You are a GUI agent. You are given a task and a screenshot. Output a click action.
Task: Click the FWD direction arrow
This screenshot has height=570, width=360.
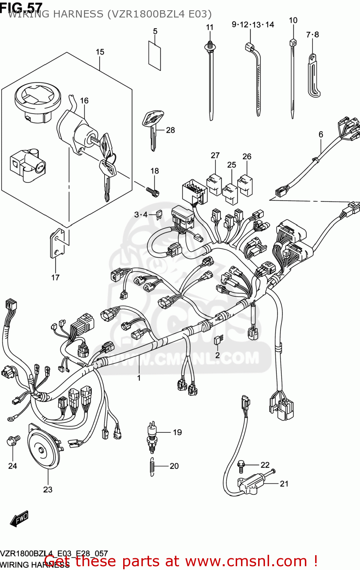tap(19, 518)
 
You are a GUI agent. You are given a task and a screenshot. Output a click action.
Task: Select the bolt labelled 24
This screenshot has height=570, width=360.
tap(13, 441)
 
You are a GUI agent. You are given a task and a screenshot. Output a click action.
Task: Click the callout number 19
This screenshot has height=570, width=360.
tap(177, 432)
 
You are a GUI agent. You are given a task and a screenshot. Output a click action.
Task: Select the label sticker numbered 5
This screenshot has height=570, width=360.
tap(154, 55)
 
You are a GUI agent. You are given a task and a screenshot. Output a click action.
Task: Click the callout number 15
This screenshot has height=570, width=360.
tap(100, 52)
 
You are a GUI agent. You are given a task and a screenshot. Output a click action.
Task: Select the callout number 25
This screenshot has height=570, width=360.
tap(232, 165)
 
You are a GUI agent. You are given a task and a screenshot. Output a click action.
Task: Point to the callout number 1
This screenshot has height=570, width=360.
tap(139, 378)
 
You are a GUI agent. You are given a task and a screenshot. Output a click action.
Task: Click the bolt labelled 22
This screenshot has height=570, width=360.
tap(241, 464)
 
